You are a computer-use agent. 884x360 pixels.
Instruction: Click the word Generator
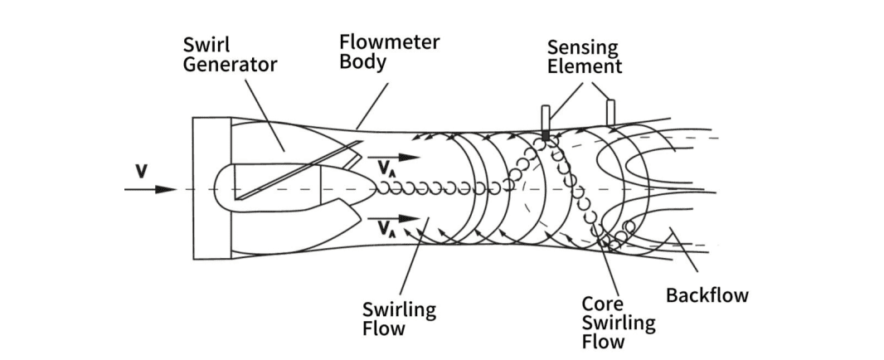pos(231,64)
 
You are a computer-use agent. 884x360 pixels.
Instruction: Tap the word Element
pos(584,66)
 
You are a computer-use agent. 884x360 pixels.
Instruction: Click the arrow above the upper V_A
pos(394,157)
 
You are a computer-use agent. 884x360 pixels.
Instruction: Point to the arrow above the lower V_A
pos(394,218)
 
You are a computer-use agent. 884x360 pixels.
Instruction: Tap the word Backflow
pos(707,294)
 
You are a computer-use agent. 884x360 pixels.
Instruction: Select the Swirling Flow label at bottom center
pos(399,319)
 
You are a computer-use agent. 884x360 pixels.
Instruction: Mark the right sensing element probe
pos(610,112)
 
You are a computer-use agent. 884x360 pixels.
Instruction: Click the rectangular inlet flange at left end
pos(211,189)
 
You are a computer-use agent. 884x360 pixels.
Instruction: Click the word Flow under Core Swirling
pos(603,340)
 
